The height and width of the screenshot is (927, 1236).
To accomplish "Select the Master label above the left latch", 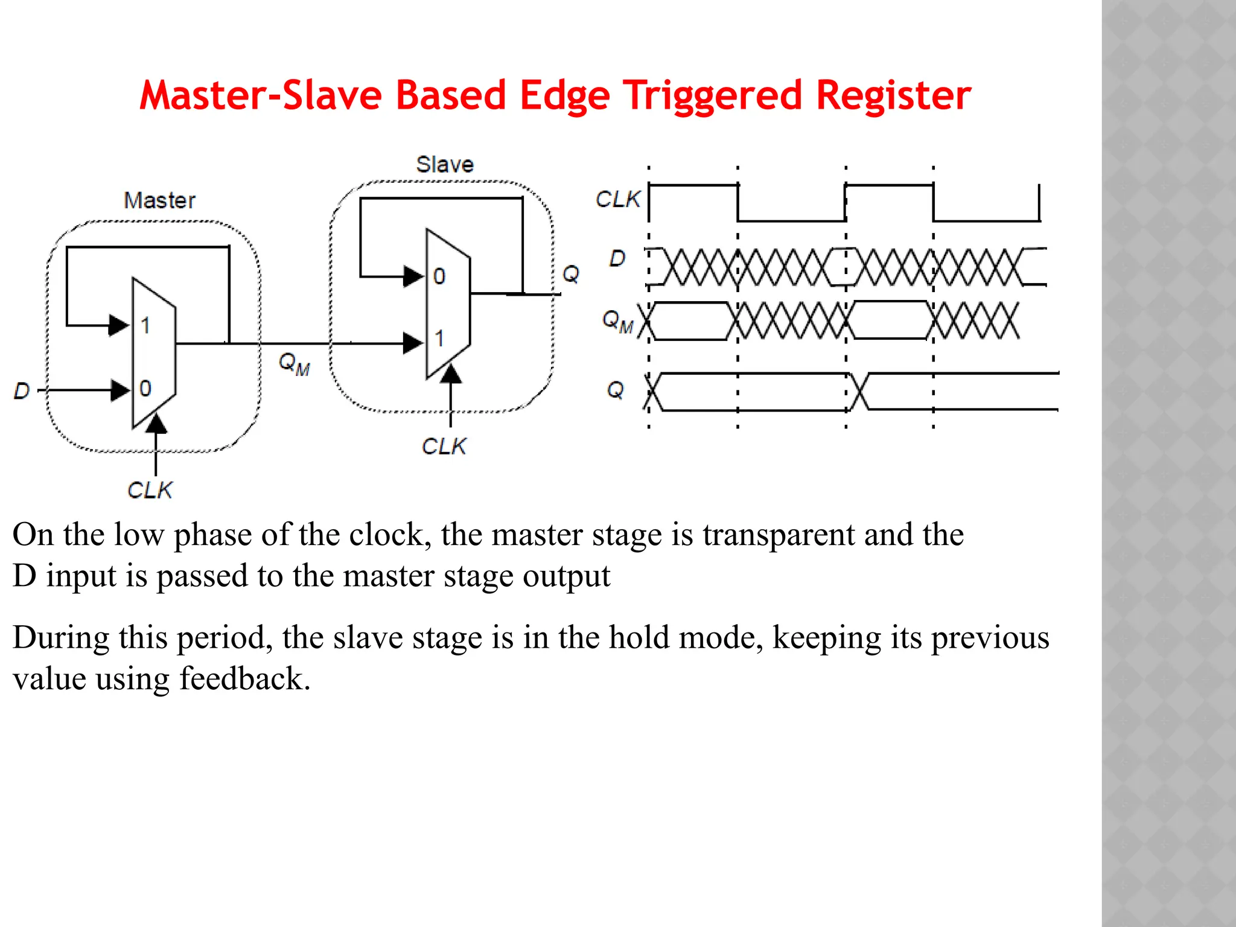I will coord(159,200).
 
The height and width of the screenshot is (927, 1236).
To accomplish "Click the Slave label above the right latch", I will coord(445,164).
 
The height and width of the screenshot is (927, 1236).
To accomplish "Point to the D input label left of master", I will coord(22,391).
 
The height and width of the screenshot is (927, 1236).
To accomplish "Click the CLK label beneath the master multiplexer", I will coord(150,490).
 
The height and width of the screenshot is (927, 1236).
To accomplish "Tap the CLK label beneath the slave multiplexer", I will coord(444,447).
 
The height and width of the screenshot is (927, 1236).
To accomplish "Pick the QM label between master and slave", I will coord(294,363).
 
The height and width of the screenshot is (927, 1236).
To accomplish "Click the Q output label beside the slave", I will coord(570,274).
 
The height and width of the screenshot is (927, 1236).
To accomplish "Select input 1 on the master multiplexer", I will coord(145,326).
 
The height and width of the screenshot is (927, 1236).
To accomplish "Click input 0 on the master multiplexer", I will coord(145,389).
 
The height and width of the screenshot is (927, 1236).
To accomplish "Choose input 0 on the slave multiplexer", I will coord(439,277).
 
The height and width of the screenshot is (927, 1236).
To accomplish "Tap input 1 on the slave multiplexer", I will coord(439,339).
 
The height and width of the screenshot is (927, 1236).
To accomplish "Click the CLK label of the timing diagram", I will coord(617,199).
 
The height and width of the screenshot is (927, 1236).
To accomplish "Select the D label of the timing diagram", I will coord(617,259).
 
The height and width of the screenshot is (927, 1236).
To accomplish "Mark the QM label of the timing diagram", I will coord(617,320).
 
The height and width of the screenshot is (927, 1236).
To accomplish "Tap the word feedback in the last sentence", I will coord(244,679).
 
